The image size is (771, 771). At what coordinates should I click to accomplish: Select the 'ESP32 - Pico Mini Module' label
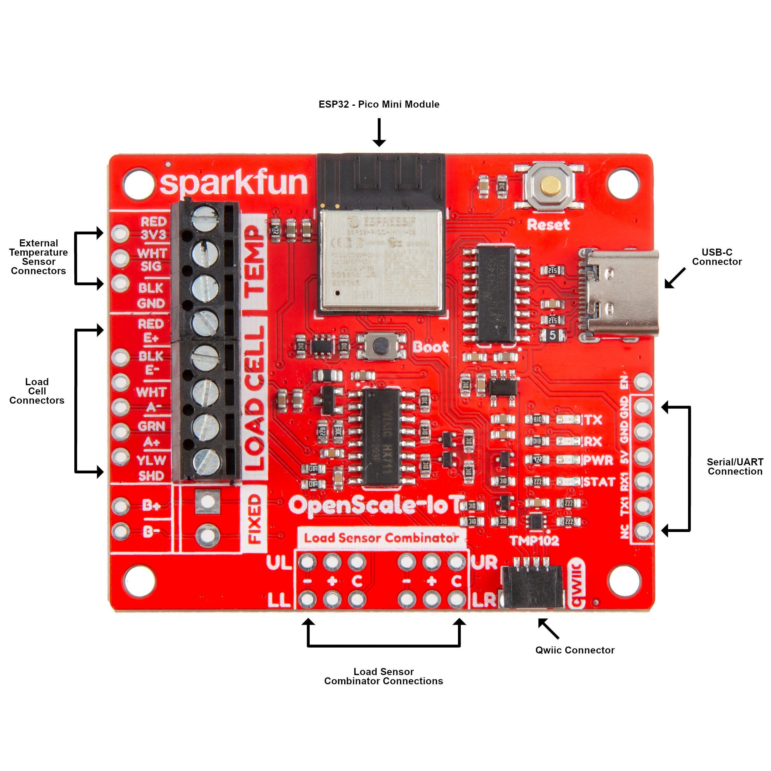379,105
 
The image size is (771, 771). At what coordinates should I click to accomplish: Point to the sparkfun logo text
233,183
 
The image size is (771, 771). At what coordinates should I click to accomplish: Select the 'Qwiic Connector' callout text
575,650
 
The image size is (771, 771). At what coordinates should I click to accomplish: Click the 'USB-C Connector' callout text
717,257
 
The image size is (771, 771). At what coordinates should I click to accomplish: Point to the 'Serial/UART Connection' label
735,467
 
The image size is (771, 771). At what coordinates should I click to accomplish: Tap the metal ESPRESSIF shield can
381,259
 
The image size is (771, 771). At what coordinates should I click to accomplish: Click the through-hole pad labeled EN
642,382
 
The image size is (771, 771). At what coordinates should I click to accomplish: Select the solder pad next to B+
121,506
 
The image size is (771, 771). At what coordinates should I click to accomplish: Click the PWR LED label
598,460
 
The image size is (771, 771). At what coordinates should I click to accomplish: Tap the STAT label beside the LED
599,482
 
